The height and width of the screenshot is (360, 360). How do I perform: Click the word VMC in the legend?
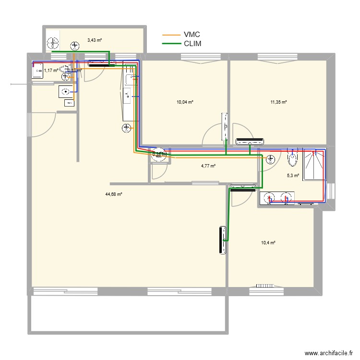[x=192, y=35]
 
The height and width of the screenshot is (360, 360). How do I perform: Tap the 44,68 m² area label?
[x=114, y=194]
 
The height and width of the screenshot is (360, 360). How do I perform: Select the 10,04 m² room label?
[x=185, y=102]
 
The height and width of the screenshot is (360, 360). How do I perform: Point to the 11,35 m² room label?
[x=278, y=102]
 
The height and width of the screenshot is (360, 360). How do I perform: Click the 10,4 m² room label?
[x=268, y=243]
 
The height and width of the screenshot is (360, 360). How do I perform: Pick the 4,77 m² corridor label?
[x=208, y=166]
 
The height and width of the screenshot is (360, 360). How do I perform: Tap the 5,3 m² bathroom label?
[x=293, y=176]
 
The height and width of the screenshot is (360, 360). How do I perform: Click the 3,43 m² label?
[x=94, y=40]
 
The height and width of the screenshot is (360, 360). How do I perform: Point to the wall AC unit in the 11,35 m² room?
[x=250, y=141]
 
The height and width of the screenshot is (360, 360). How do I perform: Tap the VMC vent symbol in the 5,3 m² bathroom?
[x=271, y=159]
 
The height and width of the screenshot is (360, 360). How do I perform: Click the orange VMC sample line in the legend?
[x=170, y=35]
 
